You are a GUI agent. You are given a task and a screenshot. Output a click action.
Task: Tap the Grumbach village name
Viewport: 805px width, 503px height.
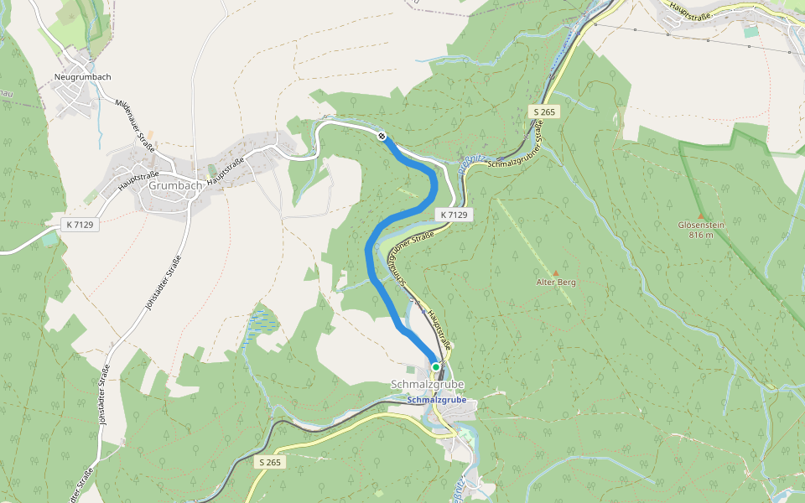tap(171, 185)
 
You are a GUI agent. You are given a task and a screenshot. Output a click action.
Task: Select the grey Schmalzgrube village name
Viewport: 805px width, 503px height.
tap(427, 385)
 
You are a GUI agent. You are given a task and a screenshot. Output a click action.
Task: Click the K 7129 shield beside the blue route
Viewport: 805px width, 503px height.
tap(453, 215)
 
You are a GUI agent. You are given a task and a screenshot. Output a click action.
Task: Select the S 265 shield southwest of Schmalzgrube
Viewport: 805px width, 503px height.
tap(270, 463)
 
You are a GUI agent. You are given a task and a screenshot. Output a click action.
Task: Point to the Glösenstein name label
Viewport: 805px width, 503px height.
tap(701, 225)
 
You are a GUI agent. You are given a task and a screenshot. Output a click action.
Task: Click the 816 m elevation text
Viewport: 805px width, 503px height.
tap(701, 235)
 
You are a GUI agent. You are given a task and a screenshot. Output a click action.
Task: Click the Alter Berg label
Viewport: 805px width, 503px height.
tap(556, 283)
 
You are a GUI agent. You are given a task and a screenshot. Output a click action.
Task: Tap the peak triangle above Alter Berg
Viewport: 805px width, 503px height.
tap(555, 273)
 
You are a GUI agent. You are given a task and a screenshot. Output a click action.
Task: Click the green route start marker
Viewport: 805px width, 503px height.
tap(436, 367)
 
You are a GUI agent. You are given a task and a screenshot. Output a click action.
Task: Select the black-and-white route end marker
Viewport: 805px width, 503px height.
tap(382, 136)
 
